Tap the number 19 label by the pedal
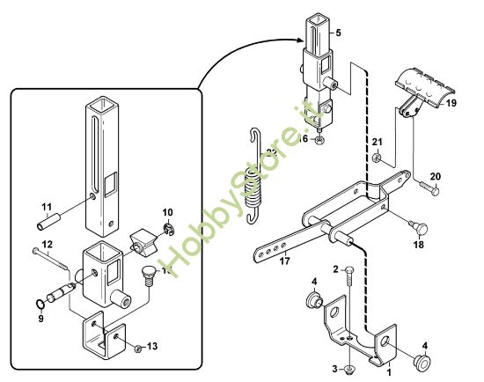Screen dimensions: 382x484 [x=450, y=102]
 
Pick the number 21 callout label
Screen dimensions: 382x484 [x=376, y=143]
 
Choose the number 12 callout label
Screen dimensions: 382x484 [x=47, y=244]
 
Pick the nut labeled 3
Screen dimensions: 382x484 [x=351, y=368]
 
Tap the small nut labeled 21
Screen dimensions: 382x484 [x=376, y=158]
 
